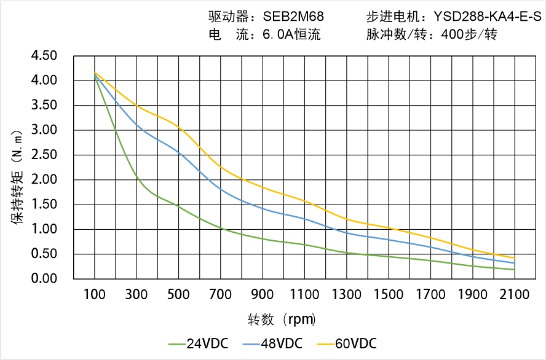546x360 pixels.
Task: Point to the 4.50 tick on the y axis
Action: [x=44, y=56]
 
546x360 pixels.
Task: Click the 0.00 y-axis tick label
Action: [x=44, y=279]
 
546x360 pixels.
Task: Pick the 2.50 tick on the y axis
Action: [x=44, y=155]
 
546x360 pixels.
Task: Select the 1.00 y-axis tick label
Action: [x=44, y=229]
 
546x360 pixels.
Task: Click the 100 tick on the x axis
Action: [x=95, y=295]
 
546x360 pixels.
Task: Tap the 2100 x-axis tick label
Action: [x=515, y=295]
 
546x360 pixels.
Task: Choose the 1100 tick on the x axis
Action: [x=304, y=295]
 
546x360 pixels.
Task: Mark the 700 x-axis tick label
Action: [x=221, y=295]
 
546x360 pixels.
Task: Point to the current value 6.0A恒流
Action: [x=291, y=35]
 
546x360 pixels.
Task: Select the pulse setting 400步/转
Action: [x=469, y=35]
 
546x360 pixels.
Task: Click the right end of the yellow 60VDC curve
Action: [x=515, y=258]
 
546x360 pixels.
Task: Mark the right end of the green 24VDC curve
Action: [x=515, y=270]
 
